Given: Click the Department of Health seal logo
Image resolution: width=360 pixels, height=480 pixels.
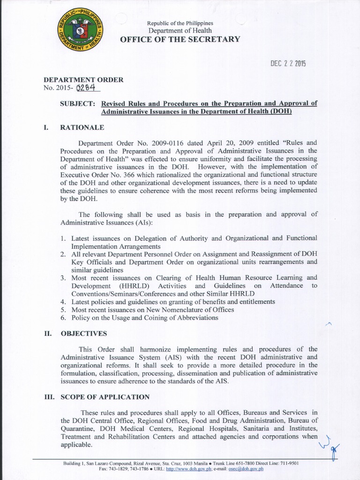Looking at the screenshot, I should [x=80, y=33].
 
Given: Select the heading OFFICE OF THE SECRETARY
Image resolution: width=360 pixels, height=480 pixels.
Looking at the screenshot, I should [x=180, y=39].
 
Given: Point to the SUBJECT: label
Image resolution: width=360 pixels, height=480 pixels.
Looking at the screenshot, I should [x=78, y=104].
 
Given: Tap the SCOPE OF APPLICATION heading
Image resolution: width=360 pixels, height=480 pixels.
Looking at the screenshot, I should [x=105, y=397].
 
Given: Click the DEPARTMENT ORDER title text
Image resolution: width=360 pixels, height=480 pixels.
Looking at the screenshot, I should [x=83, y=80].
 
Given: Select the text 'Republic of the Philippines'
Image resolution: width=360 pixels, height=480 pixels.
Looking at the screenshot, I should [x=180, y=23].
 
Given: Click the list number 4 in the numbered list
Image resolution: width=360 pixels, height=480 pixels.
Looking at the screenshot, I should [x=62, y=301].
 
